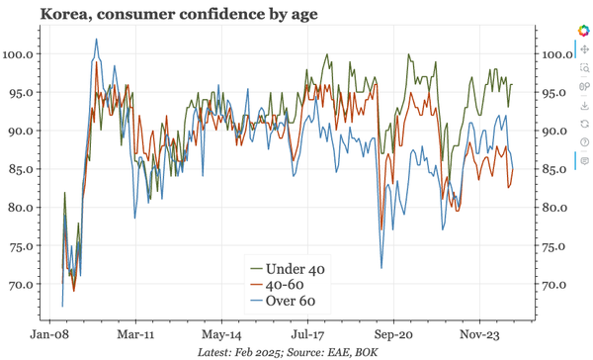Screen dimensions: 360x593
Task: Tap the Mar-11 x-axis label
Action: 135,334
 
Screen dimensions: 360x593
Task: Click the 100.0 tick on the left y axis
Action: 22,53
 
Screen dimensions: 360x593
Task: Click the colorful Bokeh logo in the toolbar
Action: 584,29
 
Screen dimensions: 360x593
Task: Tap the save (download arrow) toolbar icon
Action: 584,105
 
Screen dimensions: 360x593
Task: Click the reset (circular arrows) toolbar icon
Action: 584,124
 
